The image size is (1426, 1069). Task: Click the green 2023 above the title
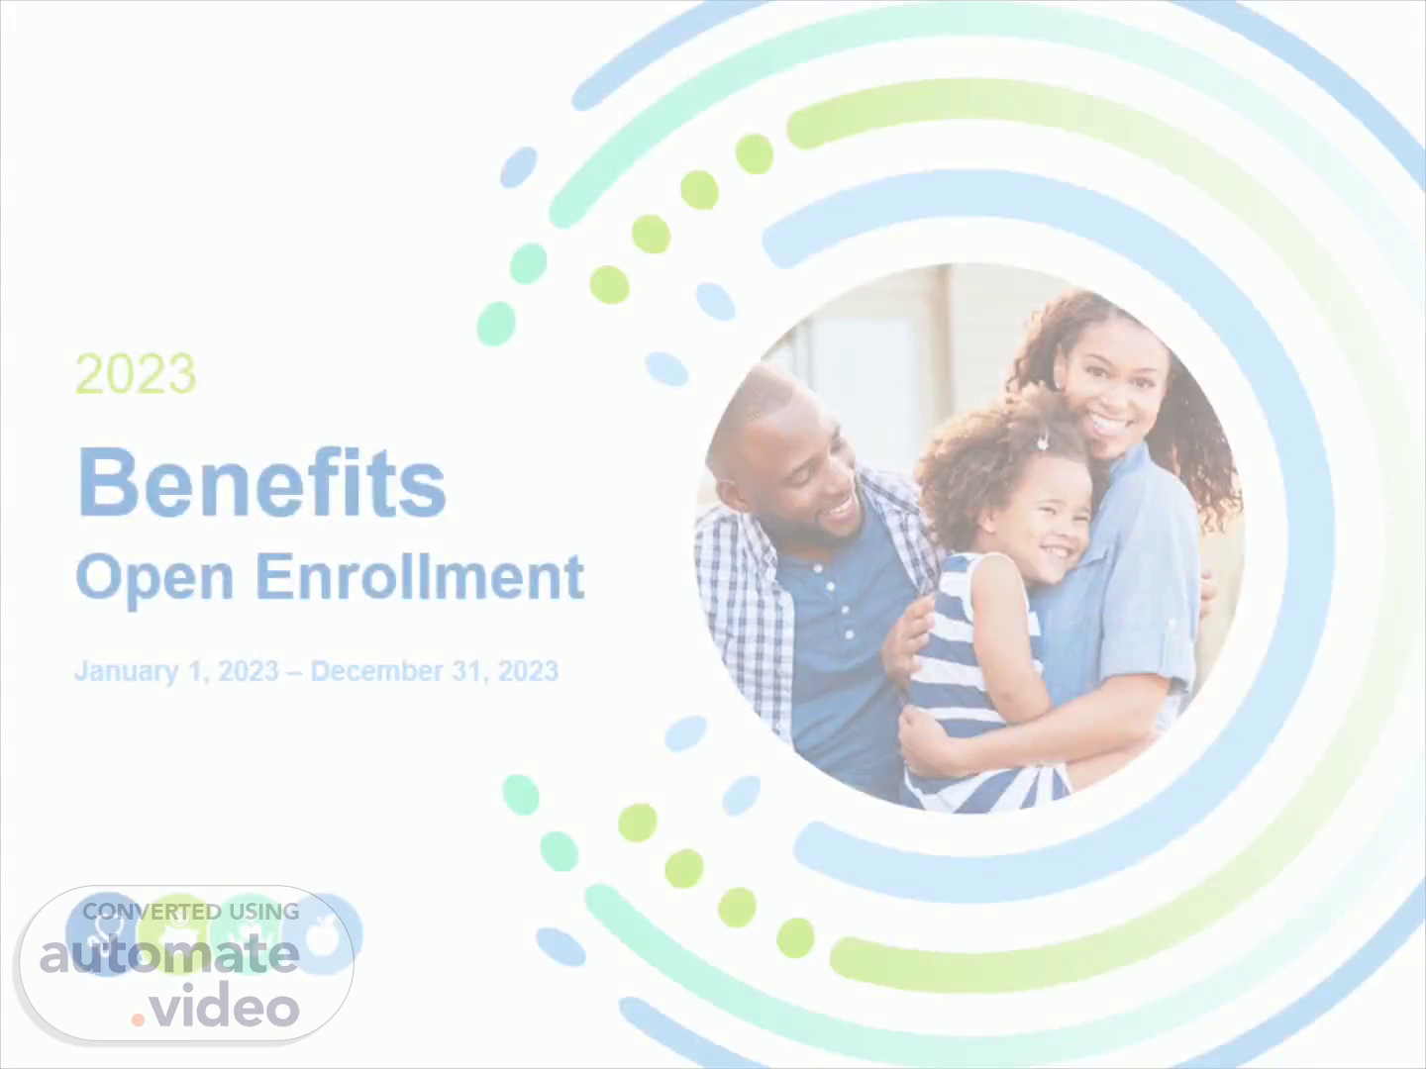136,373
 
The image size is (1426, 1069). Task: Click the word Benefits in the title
261,483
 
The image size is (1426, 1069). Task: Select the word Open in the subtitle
154,579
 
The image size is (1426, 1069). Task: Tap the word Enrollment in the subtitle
420,576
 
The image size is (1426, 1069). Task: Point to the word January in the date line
127,672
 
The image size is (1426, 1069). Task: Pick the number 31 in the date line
470,671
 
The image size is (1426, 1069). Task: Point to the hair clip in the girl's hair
1042,441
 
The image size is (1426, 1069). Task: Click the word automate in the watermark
169,955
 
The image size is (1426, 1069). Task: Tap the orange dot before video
138,1020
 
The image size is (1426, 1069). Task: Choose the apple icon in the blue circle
323,934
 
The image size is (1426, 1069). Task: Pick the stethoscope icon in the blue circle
104,934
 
